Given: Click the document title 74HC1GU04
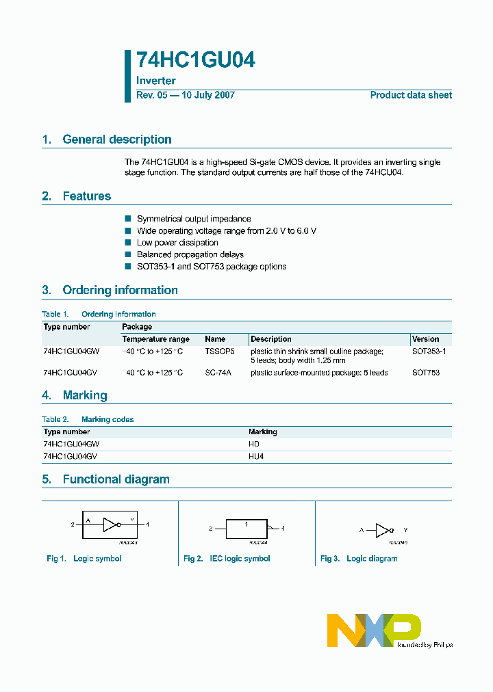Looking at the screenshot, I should click(196, 61).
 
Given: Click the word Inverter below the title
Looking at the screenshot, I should click(156, 81).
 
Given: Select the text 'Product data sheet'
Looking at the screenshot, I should click(411, 95).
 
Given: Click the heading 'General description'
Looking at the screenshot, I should click(116, 139).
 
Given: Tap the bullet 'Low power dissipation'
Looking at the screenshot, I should click(177, 242).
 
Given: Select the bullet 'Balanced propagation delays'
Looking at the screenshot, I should click(190, 254).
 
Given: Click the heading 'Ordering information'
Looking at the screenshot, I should click(120, 290).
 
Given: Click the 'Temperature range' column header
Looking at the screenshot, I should click(155, 339).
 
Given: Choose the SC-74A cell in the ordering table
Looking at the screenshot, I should click(218, 373).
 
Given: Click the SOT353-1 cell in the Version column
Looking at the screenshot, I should click(429, 351).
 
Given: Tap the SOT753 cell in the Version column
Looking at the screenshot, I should click(425, 373).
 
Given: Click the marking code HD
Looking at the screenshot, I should click(254, 444).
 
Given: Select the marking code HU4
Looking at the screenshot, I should click(255, 456).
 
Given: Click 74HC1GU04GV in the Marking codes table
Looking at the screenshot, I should click(71, 456).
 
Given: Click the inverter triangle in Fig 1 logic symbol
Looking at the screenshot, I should click(110, 524).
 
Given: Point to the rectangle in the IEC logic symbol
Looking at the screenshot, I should click(246, 528).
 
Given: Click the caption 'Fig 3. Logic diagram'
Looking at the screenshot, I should click(359, 559).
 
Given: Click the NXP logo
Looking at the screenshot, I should click(374, 629).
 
